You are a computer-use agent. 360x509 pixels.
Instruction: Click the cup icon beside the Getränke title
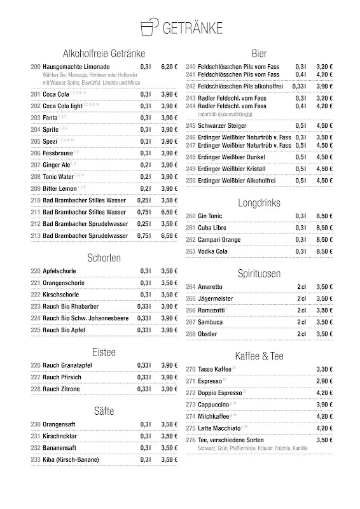pyautogui.click(x=148, y=28)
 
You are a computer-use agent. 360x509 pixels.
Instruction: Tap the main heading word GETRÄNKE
pyautogui.click(x=192, y=29)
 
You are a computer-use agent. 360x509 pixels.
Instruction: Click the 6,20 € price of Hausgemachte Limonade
pyautogui.click(x=169, y=66)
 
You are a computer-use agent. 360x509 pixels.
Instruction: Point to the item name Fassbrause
pyautogui.click(x=57, y=153)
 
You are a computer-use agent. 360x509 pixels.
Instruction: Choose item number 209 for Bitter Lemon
pyautogui.click(x=36, y=188)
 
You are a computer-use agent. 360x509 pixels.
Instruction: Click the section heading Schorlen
pyautogui.click(x=103, y=258)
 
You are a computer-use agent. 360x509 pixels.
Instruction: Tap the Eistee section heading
pyautogui.click(x=103, y=351)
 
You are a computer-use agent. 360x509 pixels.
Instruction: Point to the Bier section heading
pyautogui.click(x=259, y=53)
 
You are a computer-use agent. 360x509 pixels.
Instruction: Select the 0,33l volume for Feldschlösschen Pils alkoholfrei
pyautogui.click(x=299, y=86)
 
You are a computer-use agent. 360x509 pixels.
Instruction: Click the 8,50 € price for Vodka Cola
pyautogui.click(x=324, y=251)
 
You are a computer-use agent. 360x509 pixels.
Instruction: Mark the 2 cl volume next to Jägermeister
pyautogui.click(x=301, y=298)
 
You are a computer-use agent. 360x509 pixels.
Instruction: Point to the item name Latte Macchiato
pyautogui.click(x=219, y=428)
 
